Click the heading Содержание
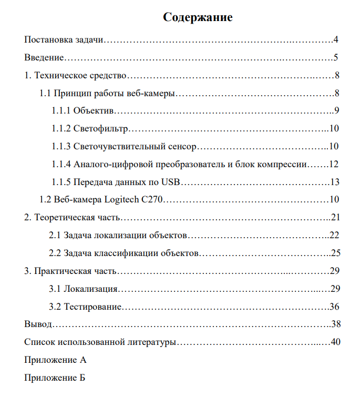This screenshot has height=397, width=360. tap(198, 17)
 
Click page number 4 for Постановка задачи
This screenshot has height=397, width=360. tap(335, 40)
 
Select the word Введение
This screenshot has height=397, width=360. tap(45, 58)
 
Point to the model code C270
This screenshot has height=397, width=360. tap(152, 200)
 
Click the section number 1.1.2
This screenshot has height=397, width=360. tap(60, 128)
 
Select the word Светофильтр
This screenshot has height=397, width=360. tap(100, 128)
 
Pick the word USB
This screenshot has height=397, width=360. tap(170, 182)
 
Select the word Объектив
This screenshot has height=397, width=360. tap(94, 110)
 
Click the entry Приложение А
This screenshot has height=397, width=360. tap(56, 360)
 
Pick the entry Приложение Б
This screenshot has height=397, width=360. tap(55, 378)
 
